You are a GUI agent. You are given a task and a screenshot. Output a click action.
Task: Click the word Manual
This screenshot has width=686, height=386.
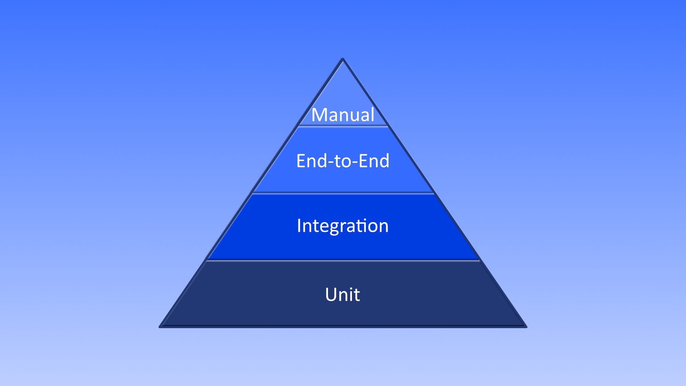[x=343, y=115]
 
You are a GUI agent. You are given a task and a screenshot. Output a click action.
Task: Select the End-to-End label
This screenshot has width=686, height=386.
[x=343, y=161]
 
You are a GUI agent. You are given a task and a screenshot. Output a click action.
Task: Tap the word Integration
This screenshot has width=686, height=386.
[x=343, y=226]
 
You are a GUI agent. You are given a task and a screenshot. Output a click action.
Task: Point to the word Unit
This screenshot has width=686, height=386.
[x=343, y=295]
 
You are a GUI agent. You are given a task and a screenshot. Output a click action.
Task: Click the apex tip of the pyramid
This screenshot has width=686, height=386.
[x=343, y=59]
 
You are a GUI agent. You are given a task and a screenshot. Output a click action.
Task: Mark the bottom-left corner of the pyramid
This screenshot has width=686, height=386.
[x=160, y=326]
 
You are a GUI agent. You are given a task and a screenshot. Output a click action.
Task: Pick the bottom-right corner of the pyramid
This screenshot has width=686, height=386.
[x=526, y=326]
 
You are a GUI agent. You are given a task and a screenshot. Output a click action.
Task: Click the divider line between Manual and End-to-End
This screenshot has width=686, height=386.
[x=343, y=126]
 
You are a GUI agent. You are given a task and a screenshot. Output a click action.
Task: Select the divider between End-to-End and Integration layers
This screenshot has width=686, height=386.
[x=343, y=193]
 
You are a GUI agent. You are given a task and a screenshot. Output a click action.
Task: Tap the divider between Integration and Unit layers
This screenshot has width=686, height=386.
[x=343, y=261]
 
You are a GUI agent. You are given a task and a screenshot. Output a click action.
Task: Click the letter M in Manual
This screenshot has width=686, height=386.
[x=319, y=115]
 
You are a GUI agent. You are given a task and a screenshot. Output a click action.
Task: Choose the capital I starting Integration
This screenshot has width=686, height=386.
[x=299, y=226]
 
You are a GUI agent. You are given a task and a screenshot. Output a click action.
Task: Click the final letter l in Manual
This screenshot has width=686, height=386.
[x=373, y=114]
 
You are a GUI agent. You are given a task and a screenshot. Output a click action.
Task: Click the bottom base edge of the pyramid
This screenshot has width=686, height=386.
[x=343, y=326]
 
